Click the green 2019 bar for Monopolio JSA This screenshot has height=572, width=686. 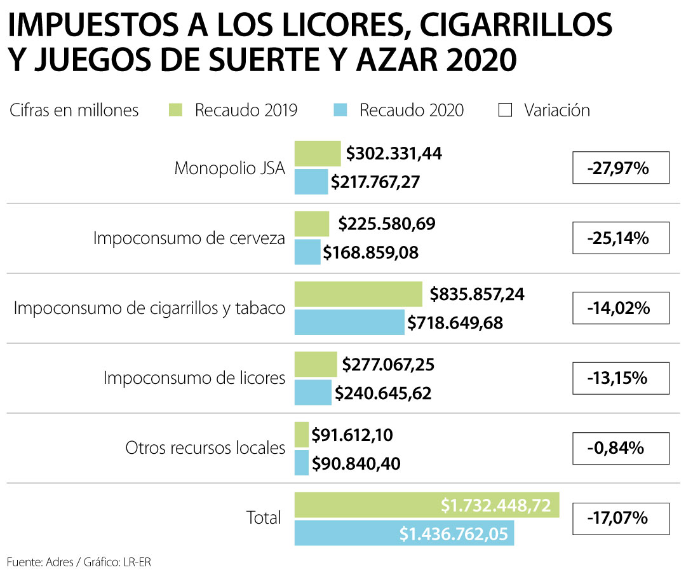click(x=317, y=154)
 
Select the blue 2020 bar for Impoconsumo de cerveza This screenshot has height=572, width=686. click(x=307, y=252)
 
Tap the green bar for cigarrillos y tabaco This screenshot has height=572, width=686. click(x=358, y=294)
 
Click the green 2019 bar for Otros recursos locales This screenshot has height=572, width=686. click(x=302, y=435)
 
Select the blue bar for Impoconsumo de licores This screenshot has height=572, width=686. click(x=313, y=392)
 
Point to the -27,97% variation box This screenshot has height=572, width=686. click(x=621, y=168)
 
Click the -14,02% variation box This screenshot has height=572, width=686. click(x=621, y=308)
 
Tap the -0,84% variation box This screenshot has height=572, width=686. click(x=621, y=448)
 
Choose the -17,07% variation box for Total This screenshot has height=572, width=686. click(x=621, y=518)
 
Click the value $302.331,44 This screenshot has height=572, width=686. click(x=394, y=154)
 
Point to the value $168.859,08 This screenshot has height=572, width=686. click(x=371, y=252)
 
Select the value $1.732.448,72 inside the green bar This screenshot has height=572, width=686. click(x=497, y=505)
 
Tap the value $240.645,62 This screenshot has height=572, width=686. click(x=383, y=393)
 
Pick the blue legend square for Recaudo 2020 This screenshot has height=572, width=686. click(x=340, y=110)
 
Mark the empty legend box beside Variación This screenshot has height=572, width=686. click(x=506, y=110)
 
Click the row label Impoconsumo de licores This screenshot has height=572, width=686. click(x=194, y=378)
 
